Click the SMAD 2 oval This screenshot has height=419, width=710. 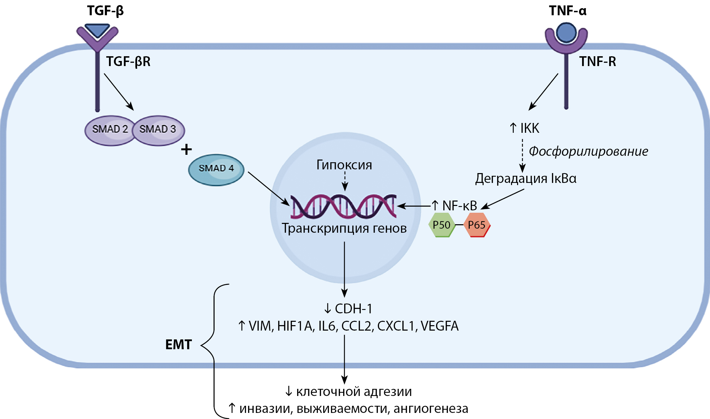pyautogui.click(x=110, y=129)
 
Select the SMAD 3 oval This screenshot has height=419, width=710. pyautogui.click(x=158, y=129)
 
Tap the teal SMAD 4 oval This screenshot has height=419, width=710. pyautogui.click(x=216, y=168)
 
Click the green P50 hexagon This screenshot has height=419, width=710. pyautogui.click(x=441, y=225)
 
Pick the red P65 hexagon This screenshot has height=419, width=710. pyautogui.click(x=476, y=225)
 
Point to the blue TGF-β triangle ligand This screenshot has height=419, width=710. pyautogui.click(x=97, y=30)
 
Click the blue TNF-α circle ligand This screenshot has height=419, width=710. pyautogui.click(x=566, y=33)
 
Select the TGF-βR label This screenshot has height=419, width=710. pyautogui.click(x=128, y=62)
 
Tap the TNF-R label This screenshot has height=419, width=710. pyautogui.click(x=597, y=62)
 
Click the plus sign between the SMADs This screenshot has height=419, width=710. pyautogui.click(x=186, y=149)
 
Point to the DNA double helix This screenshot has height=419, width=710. pyautogui.click(x=343, y=206)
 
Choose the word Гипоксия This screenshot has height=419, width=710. pyautogui.click(x=344, y=165)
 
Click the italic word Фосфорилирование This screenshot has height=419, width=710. pyautogui.click(x=588, y=151)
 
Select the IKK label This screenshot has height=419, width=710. pyautogui.click(x=529, y=128)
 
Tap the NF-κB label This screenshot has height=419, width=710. pyautogui.click(x=459, y=206)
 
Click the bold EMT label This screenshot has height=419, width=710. pyautogui.click(x=178, y=345)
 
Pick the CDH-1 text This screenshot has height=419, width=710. pyautogui.click(x=353, y=309)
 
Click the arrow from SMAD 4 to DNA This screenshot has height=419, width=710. pyautogui.click(x=268, y=188)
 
